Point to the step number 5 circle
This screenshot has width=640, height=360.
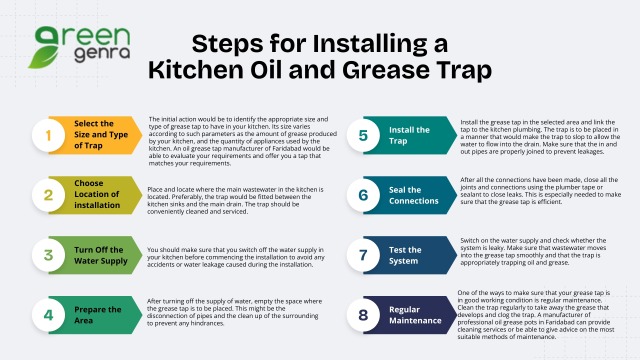pos(364,135)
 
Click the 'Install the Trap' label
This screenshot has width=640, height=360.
pos(410,135)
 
